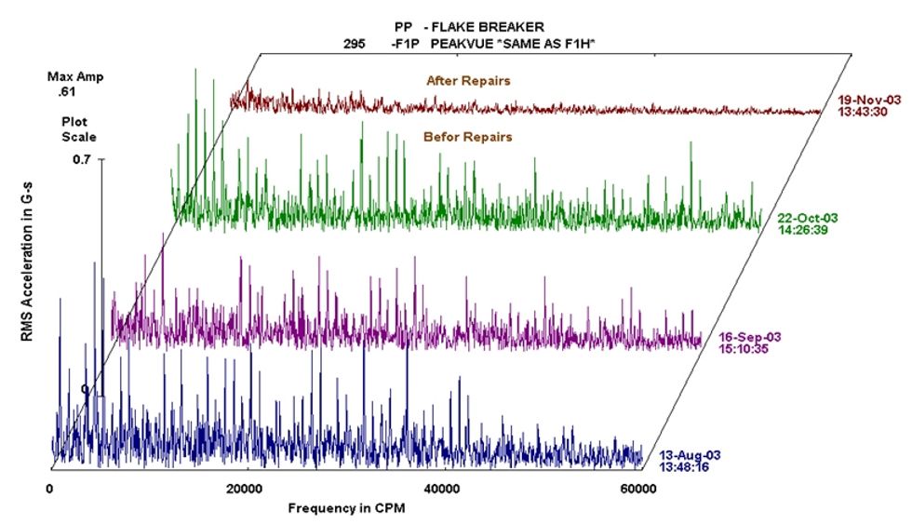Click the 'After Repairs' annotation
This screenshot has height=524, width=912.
pyautogui.click(x=468, y=81)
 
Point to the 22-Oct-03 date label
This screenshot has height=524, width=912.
pyautogui.click(x=809, y=218)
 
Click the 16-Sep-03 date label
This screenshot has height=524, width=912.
pyautogui.click(x=750, y=337)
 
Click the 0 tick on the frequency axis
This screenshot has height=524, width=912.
pyautogui.click(x=50, y=488)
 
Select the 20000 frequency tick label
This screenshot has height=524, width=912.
pyautogui.click(x=247, y=488)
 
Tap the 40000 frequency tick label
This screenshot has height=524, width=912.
pyautogui.click(x=442, y=488)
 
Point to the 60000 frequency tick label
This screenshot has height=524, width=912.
pyautogui.click(x=638, y=488)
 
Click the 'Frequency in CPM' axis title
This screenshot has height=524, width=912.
pyautogui.click(x=346, y=509)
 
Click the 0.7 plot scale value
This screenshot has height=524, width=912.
pyautogui.click(x=81, y=160)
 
